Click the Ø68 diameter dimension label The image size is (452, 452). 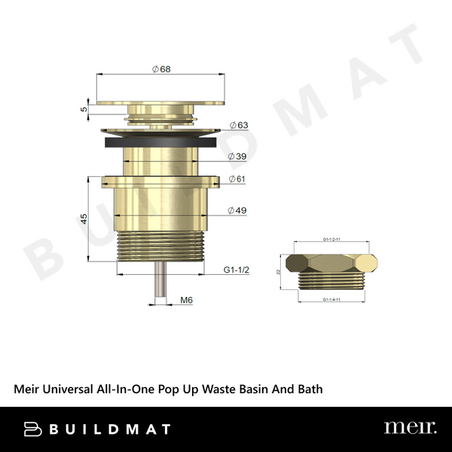click(x=160, y=69)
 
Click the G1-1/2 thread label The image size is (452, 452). click(x=236, y=270)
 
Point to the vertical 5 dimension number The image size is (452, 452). click(x=85, y=108)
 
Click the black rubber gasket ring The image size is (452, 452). click(x=160, y=141)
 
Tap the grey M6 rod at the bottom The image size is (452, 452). click(x=160, y=279)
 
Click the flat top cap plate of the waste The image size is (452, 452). click(x=160, y=101)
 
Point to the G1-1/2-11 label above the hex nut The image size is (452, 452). click(x=332, y=240)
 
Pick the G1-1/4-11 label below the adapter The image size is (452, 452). click(x=332, y=299)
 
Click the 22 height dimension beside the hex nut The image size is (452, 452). click(x=279, y=271)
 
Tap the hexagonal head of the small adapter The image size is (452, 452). click(x=332, y=264)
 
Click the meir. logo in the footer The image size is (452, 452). click(x=410, y=428)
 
